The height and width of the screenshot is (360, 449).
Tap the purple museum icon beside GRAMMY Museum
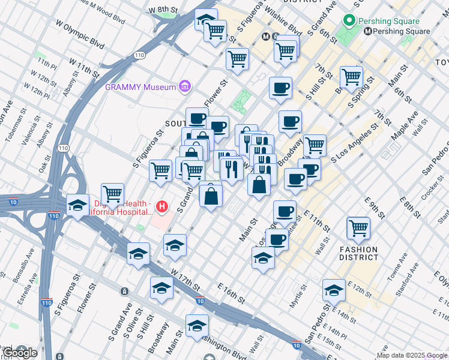pos(185,86)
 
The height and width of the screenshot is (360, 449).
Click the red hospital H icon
pos(161,208)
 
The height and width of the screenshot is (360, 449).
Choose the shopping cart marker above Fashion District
pos(358,227)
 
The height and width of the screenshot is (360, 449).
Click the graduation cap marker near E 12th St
pos(334,290)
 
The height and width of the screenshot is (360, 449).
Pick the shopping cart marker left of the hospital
pos(112,194)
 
